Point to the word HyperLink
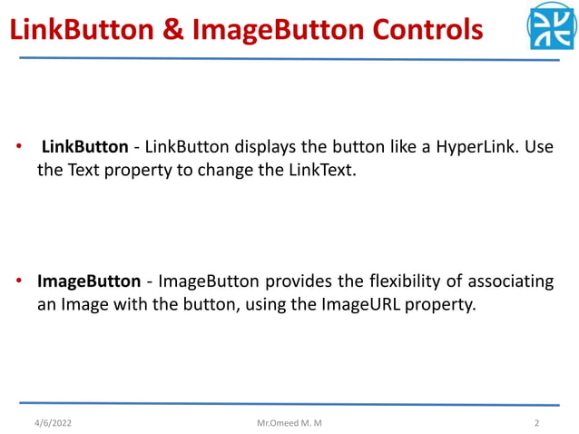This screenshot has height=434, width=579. (x=471, y=147)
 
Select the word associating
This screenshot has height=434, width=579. (x=505, y=282)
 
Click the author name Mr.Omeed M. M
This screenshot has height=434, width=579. (x=289, y=423)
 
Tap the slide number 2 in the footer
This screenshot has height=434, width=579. (x=537, y=423)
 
